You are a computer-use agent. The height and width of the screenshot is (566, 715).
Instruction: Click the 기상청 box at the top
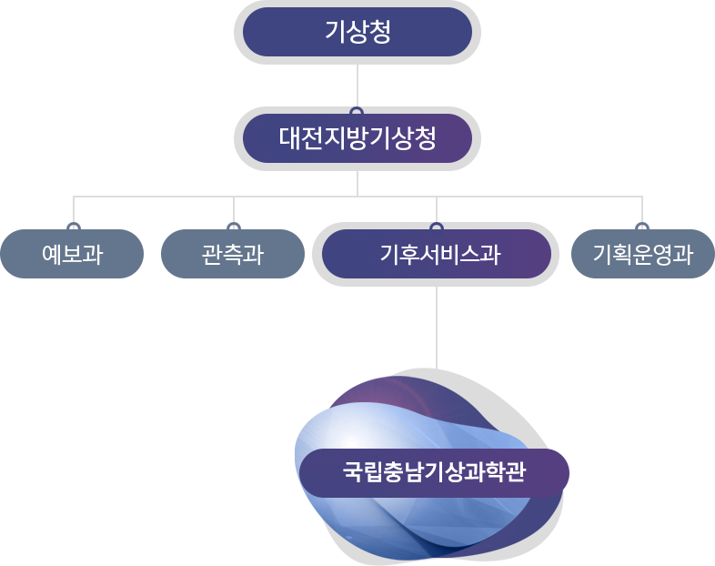click(x=357, y=32)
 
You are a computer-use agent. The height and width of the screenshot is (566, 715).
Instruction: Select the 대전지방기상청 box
click(x=357, y=138)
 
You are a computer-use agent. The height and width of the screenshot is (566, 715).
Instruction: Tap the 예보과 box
click(x=72, y=254)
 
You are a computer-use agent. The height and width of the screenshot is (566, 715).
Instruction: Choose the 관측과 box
click(x=233, y=254)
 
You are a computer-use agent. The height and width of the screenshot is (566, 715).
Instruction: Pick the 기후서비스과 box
click(x=437, y=254)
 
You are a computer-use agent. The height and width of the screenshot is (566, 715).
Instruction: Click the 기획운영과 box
click(x=642, y=254)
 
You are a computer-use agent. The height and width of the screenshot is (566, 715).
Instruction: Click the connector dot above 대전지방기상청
click(x=357, y=112)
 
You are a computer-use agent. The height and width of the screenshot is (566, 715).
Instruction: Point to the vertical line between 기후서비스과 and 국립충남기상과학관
click(x=437, y=328)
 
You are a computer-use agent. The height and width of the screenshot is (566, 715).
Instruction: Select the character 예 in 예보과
click(x=52, y=254)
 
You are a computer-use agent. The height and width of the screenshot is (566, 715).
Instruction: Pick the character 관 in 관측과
click(x=212, y=254)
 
